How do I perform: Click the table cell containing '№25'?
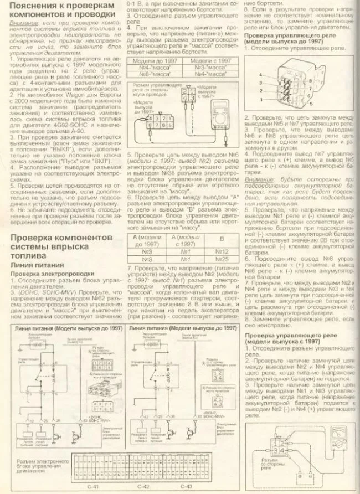[x=224, y=259]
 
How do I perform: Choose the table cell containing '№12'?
[x=224, y=251]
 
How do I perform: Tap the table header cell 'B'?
[x=224, y=239]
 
